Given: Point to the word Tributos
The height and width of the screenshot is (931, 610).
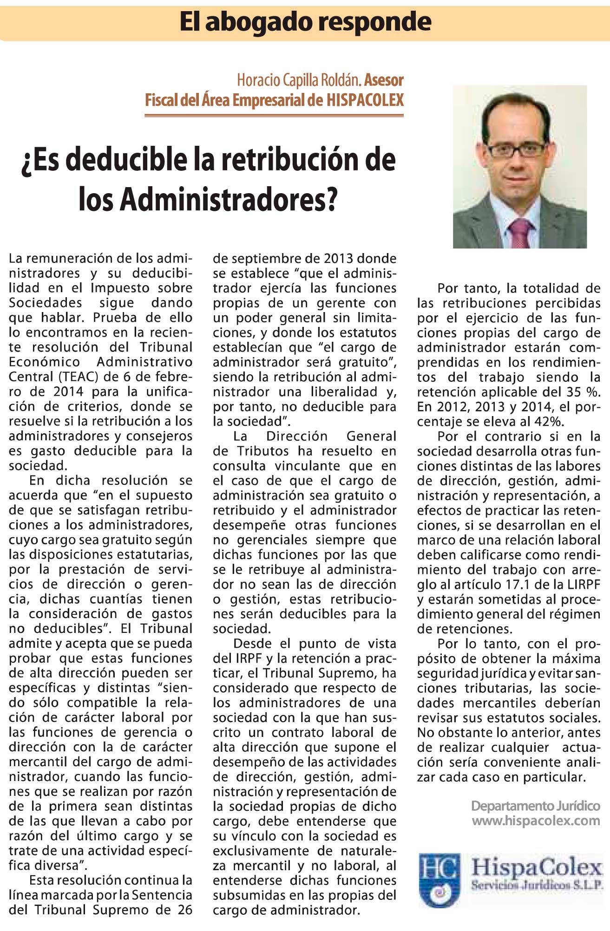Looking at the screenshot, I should point(265,451).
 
